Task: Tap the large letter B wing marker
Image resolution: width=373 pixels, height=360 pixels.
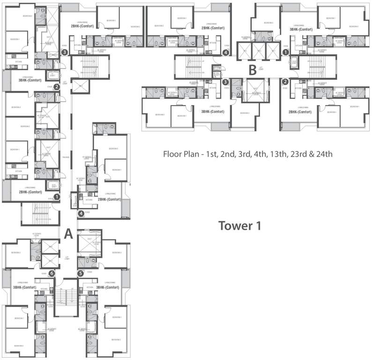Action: pyautogui.click(x=253, y=71)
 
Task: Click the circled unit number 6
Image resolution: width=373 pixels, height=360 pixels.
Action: pyautogui.click(x=52, y=273)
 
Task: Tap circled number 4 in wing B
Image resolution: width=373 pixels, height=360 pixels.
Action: pyautogui.click(x=226, y=53)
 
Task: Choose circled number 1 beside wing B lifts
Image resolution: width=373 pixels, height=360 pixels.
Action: pyautogui.click(x=285, y=53)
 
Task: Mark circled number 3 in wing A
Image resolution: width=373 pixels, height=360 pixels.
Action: pyautogui.click(x=65, y=52)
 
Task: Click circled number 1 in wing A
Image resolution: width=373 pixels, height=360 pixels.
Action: pyautogui.click(x=57, y=197)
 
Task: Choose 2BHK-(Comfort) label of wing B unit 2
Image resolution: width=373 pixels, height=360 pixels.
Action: pyautogui.click(x=300, y=112)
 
